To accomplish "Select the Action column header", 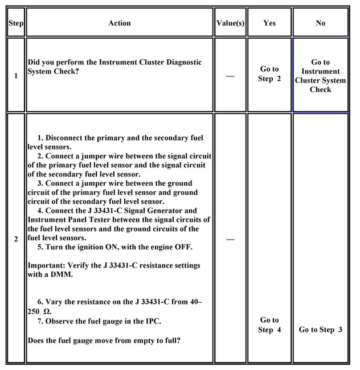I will tap(119, 23).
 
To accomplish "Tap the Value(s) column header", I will tap(231, 23).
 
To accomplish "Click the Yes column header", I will tap(269, 23).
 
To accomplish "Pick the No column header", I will tap(320, 23).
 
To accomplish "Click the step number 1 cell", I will tap(15, 75).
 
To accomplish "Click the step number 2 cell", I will tap(15, 239).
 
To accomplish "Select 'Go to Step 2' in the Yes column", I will tap(269, 74).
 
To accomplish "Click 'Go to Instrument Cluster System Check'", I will tap(320, 75).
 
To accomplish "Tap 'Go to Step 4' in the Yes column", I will tap(269, 324).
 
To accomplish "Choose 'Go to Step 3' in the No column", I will tap(320, 330).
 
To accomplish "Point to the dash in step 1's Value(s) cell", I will tap(230, 75).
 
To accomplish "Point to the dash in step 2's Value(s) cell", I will tap(230, 239).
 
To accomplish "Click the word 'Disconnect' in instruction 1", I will tap(69, 138).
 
